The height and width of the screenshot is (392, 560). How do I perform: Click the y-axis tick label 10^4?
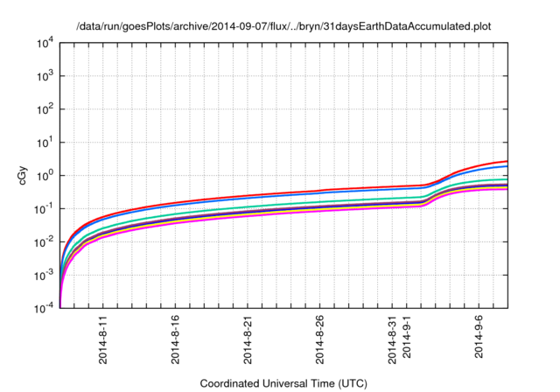[45, 42]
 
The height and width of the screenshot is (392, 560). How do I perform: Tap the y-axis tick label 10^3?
[45, 75]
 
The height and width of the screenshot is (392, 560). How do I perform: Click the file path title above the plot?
[283, 26]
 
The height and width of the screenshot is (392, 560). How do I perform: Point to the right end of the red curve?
[507, 161]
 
